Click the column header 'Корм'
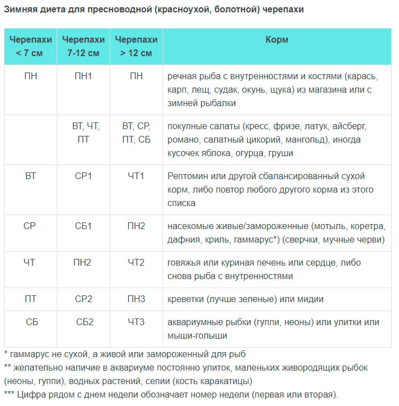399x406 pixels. coord(276,40)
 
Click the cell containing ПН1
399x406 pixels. coord(83,76)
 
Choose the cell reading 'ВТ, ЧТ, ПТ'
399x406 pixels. coord(83,133)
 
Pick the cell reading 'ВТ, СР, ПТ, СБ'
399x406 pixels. coord(136,133)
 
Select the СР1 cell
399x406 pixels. coord(83,176)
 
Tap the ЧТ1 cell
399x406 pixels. coord(136,176)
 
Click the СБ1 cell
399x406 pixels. coord(83,226)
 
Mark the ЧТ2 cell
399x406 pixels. coord(136,262)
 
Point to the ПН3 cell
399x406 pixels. coord(136,299)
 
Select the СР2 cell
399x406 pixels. coord(83,299)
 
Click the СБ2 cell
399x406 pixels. coord(84,322)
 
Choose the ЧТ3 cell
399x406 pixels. coord(136,322)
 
